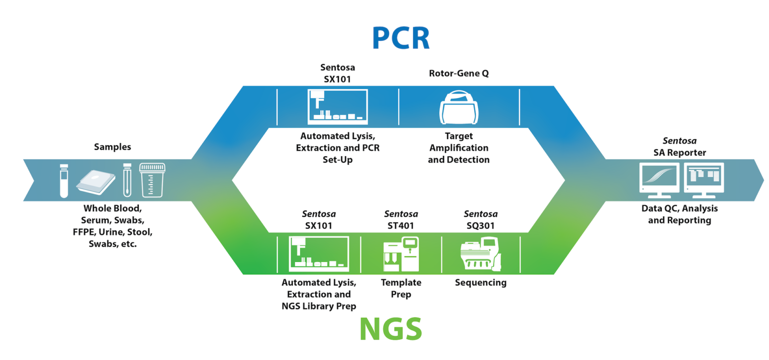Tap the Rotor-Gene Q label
[459, 74]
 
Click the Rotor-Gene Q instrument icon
[459, 107]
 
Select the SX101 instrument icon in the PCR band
[337, 107]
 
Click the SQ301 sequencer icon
[480, 254]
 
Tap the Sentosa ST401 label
[401, 220]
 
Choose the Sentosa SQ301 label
[481, 220]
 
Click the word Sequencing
[481, 283]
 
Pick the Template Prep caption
[401, 288]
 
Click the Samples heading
[113, 147]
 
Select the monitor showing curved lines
[659, 178]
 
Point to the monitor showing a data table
[703, 178]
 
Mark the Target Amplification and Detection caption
[459, 148]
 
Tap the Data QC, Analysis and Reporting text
[679, 214]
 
